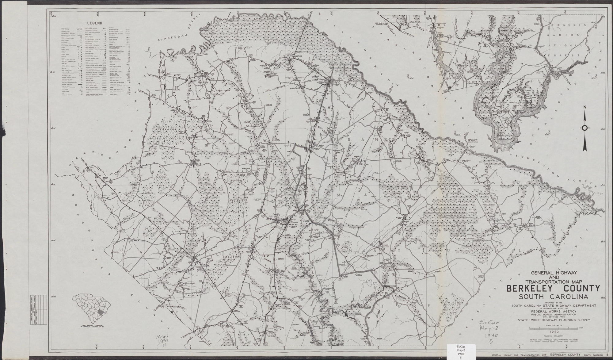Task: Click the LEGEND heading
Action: pyautogui.click(x=94, y=23)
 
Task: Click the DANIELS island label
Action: pyautogui.click(x=513, y=102)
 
